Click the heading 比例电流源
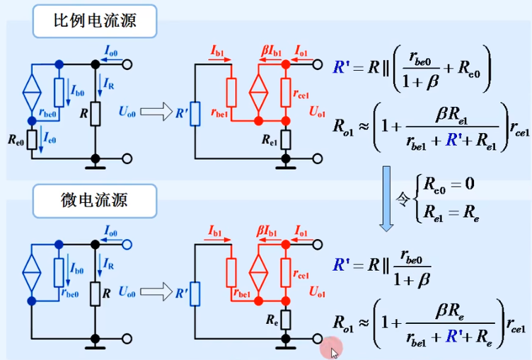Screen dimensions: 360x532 95,21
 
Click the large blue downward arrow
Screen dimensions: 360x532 388,199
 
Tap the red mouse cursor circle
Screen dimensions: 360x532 330,347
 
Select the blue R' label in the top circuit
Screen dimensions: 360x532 181,111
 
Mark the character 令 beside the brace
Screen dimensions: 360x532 404,199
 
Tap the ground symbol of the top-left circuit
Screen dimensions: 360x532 94,167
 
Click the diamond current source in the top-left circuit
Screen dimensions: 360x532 30,90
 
